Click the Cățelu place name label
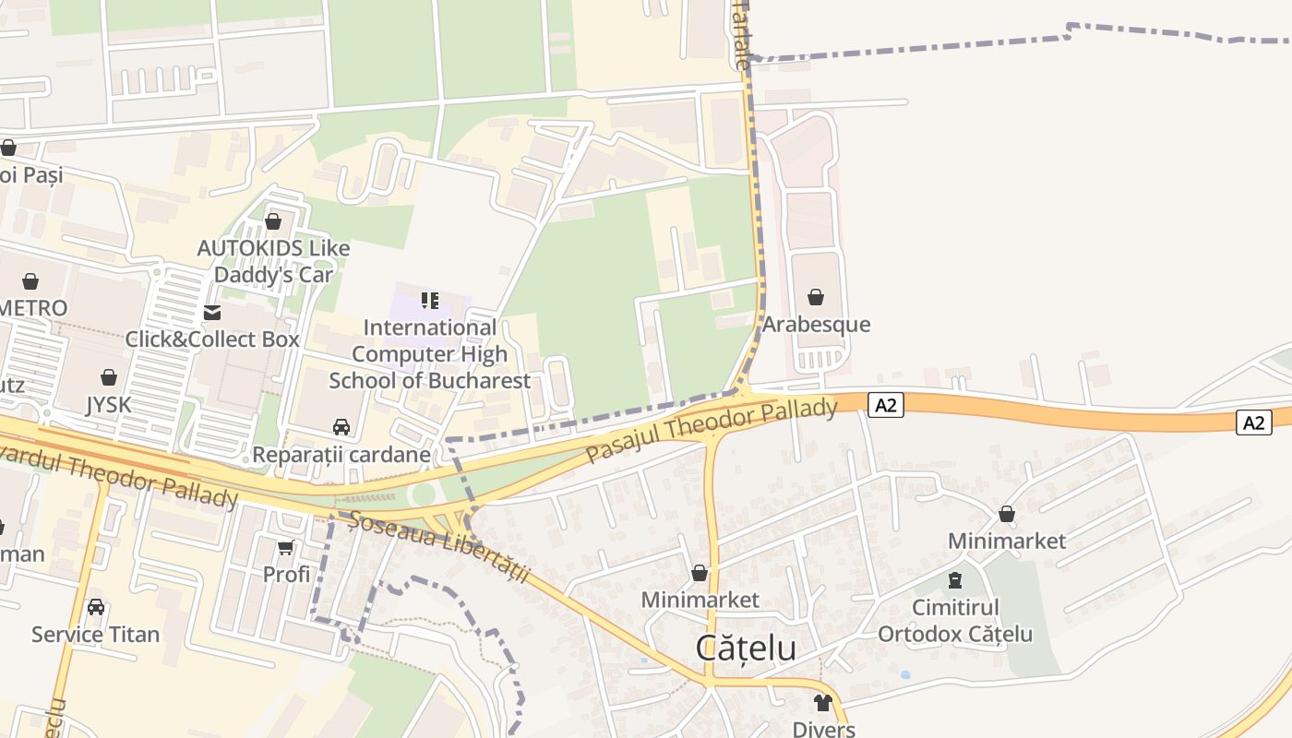[746, 648]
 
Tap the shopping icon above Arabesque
[815, 297]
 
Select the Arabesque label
[815, 325]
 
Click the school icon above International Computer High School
[429, 300]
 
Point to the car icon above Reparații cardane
[341, 427]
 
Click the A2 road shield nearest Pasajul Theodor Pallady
[884, 404]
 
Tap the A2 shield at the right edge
[1252, 422]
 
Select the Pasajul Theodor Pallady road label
[712, 431]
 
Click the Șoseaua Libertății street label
[439, 547]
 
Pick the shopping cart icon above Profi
[286, 547]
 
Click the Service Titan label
[95, 635]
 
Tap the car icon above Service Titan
[95, 607]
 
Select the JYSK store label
[109, 405]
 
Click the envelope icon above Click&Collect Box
[212, 312]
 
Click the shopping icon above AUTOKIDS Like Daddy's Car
[272, 221]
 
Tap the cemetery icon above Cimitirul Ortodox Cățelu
[954, 580]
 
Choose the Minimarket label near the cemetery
[1007, 541]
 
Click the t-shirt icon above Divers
[823, 703]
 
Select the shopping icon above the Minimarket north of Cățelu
[700, 573]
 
